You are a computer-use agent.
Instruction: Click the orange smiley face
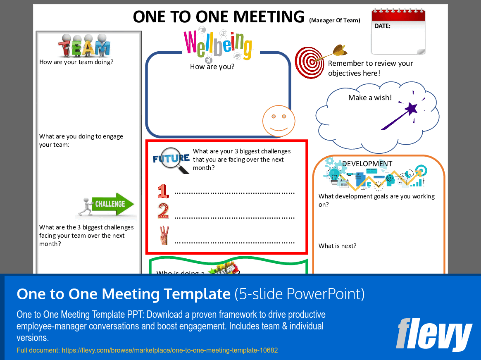coord(279,121)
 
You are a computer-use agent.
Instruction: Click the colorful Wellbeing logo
coord(217,44)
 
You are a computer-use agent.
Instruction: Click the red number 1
coord(163,191)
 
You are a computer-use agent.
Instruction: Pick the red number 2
coord(163,211)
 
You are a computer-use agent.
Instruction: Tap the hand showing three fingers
coord(164,236)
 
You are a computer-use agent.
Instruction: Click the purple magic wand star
coord(411,109)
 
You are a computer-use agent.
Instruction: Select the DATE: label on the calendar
coord(382,26)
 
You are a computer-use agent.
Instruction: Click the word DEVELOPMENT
coord(367,164)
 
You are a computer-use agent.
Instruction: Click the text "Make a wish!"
coord(370,98)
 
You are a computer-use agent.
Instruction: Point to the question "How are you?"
coord(212,67)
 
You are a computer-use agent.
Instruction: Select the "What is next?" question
coord(337,246)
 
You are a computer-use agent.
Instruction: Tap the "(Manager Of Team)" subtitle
coord(334,20)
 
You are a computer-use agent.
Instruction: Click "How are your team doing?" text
coord(76,62)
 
